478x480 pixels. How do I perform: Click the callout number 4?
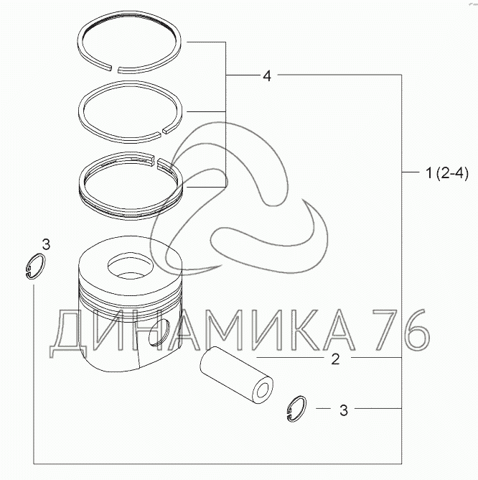point(267,75)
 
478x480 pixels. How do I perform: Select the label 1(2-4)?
point(447,174)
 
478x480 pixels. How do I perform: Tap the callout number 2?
point(335,359)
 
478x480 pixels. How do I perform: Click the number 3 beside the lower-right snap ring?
point(344,410)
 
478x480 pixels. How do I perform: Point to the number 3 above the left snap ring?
point(46,244)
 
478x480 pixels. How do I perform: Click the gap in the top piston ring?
point(114,68)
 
